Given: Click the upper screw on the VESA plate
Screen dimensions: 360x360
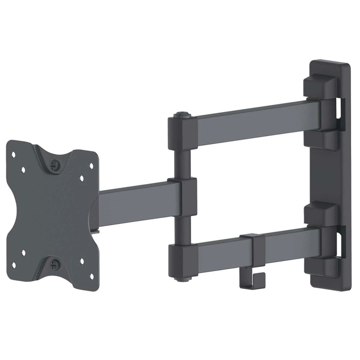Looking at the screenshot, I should pyautogui.click(x=54, y=164).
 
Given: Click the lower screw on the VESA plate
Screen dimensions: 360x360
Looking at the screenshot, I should pyautogui.click(x=53, y=265).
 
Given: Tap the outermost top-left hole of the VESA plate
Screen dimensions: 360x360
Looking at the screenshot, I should pyautogui.click(x=14, y=154).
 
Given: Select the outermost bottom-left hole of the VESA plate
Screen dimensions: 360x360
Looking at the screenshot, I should pyautogui.click(x=14, y=265).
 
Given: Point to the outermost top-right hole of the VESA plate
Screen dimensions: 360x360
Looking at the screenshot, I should pyautogui.click(x=91, y=165).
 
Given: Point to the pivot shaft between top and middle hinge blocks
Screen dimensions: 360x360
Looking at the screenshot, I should pyautogui.click(x=182, y=163).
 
